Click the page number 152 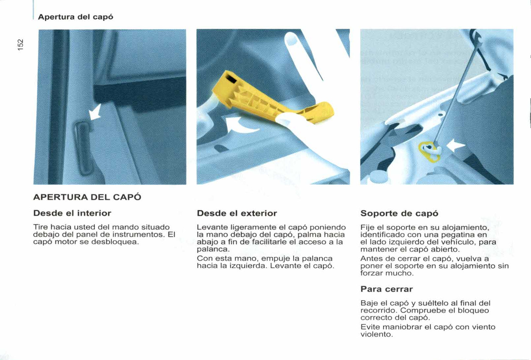click(21, 45)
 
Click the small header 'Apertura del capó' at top click(76, 17)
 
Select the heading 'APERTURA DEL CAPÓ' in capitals click(87, 197)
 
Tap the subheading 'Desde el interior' click(72, 213)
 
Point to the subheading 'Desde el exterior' click(237, 213)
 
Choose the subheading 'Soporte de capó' click(399, 214)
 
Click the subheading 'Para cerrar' click(386, 289)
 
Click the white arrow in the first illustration click(95, 112)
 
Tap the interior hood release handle click(83, 148)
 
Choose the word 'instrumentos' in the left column click(139, 234)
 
